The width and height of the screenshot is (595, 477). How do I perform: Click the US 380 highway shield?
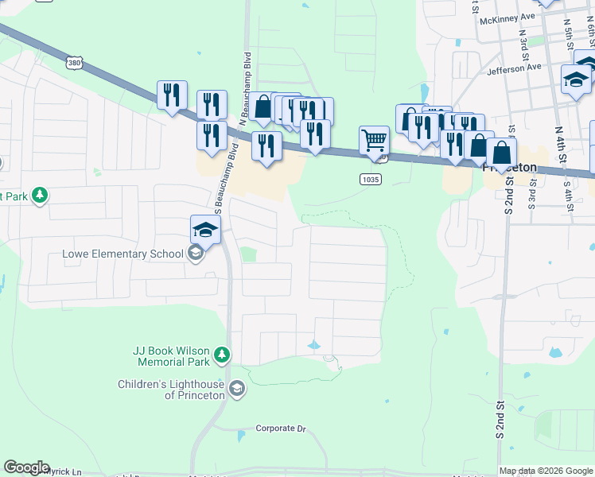click(73, 61)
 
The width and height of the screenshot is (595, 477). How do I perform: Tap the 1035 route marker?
click(370, 180)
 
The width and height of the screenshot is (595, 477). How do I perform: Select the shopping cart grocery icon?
click(374, 142)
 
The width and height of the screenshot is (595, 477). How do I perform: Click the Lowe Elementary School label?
click(123, 254)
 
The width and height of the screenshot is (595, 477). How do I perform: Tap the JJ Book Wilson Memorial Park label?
click(171, 356)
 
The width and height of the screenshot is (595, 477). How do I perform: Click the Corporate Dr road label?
click(280, 429)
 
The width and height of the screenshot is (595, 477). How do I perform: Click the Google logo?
click(26, 467)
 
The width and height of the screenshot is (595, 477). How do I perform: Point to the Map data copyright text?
click(546, 471)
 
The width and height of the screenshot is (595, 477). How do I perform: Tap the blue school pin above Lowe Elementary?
click(205, 231)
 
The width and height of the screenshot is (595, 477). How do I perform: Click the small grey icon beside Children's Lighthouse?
click(235, 388)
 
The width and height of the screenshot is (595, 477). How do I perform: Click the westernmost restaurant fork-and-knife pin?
click(172, 95)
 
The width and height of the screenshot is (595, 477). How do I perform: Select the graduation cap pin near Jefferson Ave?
click(575, 79)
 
